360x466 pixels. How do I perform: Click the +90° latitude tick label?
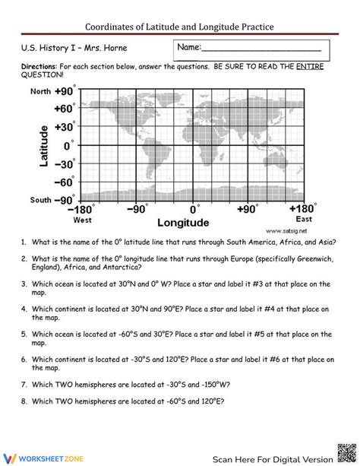62,91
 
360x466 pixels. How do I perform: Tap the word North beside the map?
40,91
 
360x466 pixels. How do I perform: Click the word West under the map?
83,220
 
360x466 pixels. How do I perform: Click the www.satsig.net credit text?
286,230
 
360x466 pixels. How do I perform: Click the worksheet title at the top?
179,26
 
